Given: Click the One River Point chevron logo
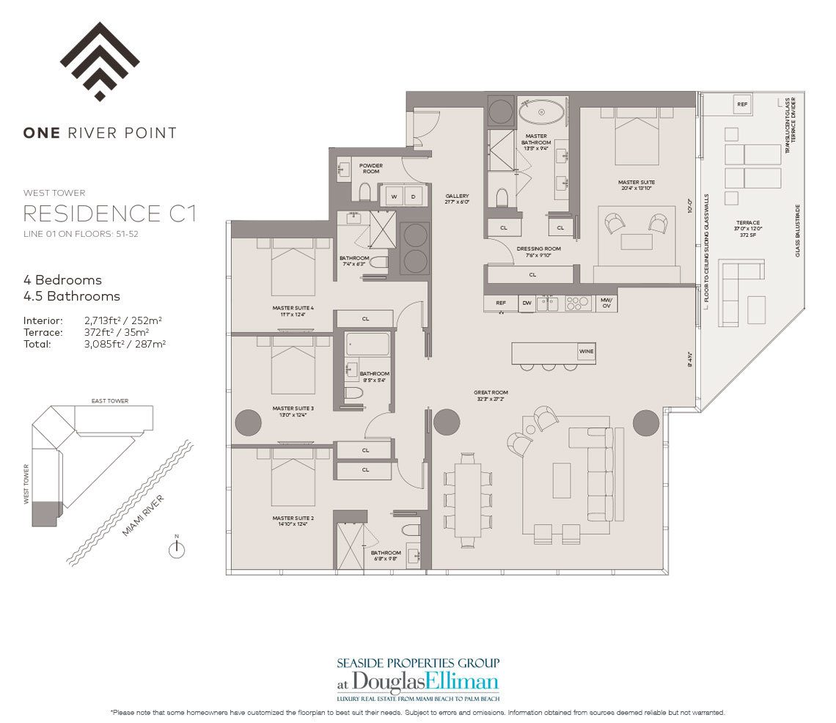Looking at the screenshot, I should point(100,62).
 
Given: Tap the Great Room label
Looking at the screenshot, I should point(491,393).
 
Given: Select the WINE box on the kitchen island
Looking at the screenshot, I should point(586,352).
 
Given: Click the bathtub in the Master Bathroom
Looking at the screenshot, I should point(542,113).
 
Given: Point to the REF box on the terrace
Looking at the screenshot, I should point(742,105).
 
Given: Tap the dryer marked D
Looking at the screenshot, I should point(413,197).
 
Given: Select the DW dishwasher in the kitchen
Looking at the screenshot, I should point(527,302).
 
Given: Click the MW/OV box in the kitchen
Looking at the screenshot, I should point(606,302).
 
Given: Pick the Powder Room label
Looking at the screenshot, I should point(370,169).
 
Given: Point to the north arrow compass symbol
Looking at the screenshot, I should point(176,548).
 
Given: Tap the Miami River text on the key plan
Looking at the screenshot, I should point(143,515).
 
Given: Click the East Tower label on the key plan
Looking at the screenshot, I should point(110,401).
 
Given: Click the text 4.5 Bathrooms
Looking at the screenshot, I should point(72,296).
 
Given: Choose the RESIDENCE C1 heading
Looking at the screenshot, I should point(110,213).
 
